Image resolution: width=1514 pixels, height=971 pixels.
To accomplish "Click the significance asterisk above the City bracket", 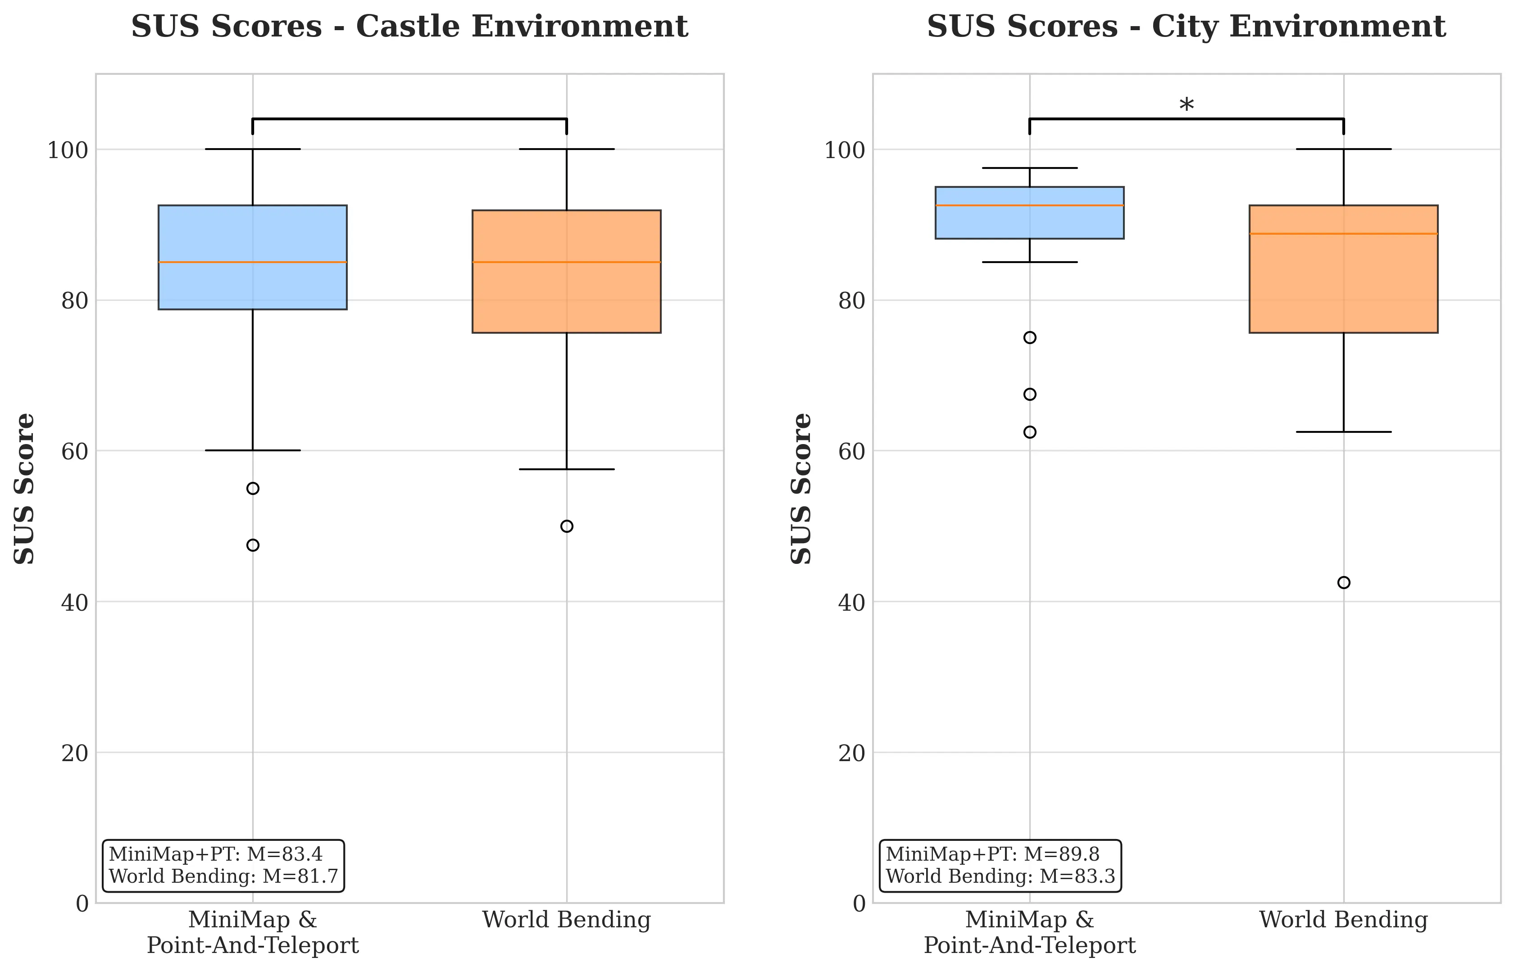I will coord(1186,106).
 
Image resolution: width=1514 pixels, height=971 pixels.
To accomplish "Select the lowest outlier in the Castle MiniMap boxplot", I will coord(253,545).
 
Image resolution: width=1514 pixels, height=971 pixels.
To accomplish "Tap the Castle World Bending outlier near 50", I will coord(567,526).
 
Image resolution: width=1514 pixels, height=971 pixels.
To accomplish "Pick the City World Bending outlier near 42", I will coord(1344,583).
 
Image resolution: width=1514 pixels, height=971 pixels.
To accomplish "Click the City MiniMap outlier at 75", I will coord(1030,337).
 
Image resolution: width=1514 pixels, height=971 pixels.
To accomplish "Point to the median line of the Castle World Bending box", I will coord(567,262).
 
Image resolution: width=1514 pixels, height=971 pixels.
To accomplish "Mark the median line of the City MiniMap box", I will coord(1030,205).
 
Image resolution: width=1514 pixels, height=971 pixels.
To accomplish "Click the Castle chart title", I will coord(409,27).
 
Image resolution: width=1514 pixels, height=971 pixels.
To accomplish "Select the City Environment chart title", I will coord(1186,27).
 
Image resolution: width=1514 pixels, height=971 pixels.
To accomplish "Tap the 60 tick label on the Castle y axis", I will coord(74,451).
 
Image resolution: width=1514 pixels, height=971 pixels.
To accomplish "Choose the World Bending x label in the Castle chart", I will coord(567,920).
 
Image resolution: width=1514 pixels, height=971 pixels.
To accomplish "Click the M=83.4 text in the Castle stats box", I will coord(284,854).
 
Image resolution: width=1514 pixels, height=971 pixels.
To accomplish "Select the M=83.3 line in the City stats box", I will coord(1000,876).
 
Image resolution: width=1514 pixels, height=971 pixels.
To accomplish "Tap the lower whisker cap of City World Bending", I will coord(1344,432).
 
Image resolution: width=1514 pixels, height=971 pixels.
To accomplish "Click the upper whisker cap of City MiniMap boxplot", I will coord(1030,168).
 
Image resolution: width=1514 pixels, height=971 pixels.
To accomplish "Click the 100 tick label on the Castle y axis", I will coord(68,150).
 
